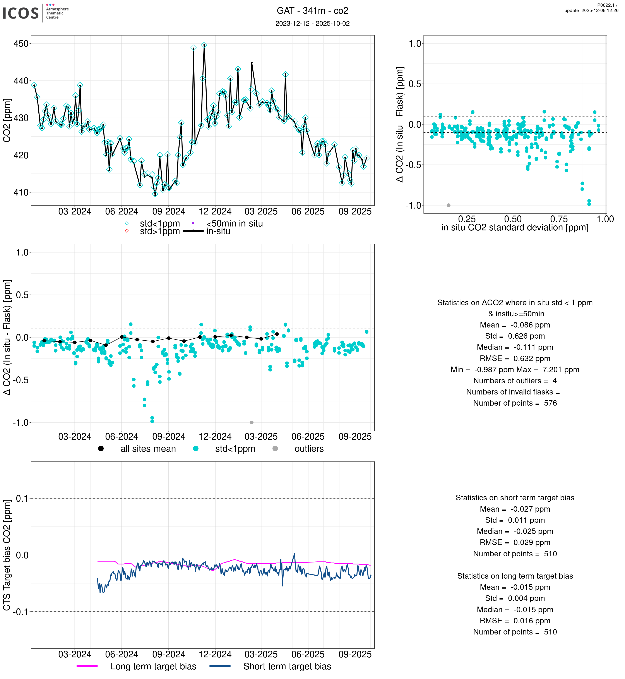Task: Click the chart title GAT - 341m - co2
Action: point(312,11)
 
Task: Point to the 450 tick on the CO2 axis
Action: point(21,44)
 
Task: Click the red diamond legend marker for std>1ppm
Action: point(127,231)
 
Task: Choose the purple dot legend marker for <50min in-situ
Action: point(193,223)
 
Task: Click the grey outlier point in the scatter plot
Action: point(449,205)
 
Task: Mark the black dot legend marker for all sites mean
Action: point(101,449)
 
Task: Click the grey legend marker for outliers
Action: point(275,449)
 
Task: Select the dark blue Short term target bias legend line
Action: point(220,666)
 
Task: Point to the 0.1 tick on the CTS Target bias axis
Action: point(22,498)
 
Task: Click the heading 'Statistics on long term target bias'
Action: point(515,576)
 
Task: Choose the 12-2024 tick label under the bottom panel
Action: point(215,654)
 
